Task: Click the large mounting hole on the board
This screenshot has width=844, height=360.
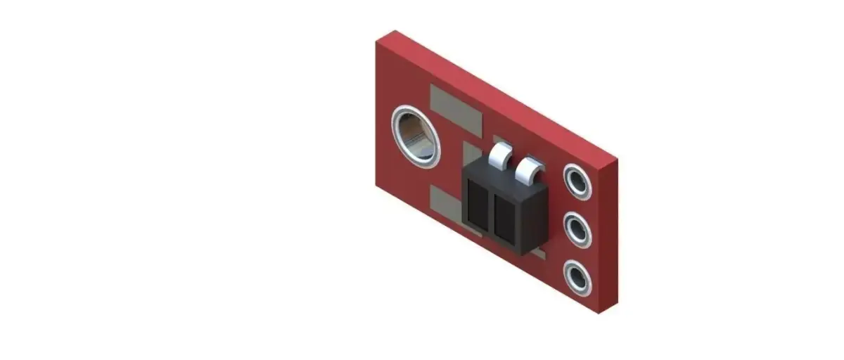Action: pos(416,136)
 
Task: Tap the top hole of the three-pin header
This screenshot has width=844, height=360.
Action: pos(577,182)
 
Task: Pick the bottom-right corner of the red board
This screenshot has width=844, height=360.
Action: pos(599,312)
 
